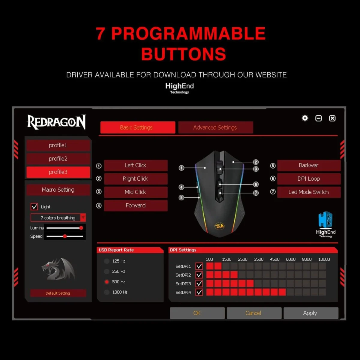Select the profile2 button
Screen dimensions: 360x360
point(58,159)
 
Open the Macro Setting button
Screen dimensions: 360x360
point(58,190)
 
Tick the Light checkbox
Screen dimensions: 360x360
point(34,207)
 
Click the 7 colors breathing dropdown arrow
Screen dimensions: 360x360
point(83,217)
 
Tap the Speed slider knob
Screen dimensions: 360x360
point(65,236)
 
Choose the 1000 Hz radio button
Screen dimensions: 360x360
point(107,292)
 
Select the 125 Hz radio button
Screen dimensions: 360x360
point(107,261)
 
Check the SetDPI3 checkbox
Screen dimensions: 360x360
point(199,283)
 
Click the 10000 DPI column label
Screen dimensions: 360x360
point(324,259)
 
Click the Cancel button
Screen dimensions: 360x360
point(254,313)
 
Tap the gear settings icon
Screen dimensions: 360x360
point(305,118)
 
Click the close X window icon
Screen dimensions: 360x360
point(332,118)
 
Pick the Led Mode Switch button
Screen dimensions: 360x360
point(309,192)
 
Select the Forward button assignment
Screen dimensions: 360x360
point(136,205)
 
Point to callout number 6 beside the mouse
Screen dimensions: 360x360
point(256,184)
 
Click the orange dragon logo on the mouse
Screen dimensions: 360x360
point(219,226)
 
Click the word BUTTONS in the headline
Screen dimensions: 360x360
point(184,54)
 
